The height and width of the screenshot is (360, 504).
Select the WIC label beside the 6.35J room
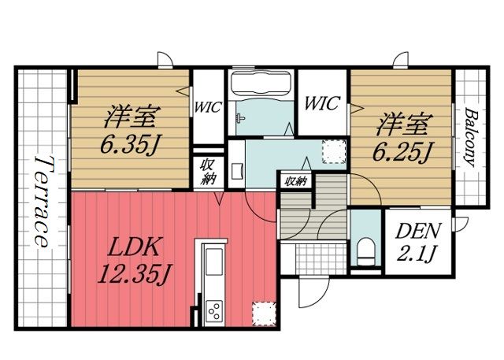tap(208, 106)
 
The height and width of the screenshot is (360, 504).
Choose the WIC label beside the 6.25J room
tap(321, 103)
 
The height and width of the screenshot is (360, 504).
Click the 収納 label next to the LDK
tap(207, 172)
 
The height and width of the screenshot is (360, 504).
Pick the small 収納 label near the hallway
tap(296, 181)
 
